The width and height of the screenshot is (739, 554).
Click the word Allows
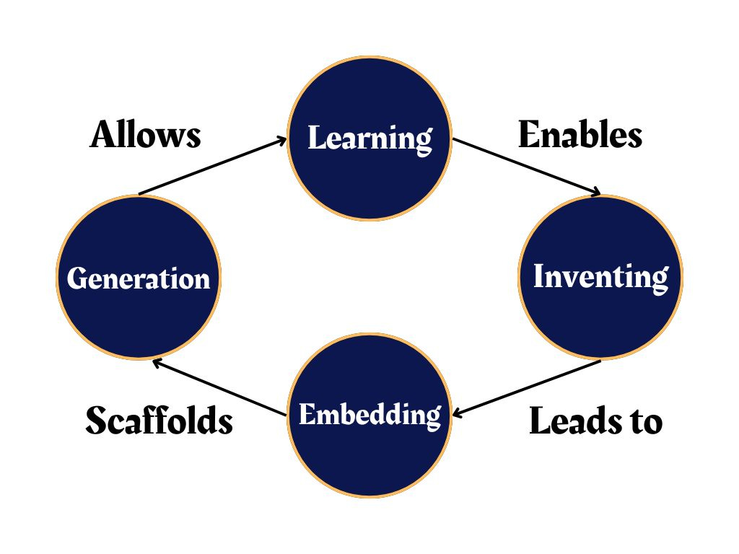pos(145,135)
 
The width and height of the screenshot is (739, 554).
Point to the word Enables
pos(580,135)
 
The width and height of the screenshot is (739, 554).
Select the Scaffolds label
pos(159,421)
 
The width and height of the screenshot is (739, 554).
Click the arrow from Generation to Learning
pos(213,167)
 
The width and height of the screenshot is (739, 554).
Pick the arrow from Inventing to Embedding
pos(527,388)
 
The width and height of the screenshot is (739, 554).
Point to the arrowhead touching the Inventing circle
pos(595,192)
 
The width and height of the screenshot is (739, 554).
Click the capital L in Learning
pos(315,138)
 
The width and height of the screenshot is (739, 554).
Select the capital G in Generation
pos(76,278)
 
